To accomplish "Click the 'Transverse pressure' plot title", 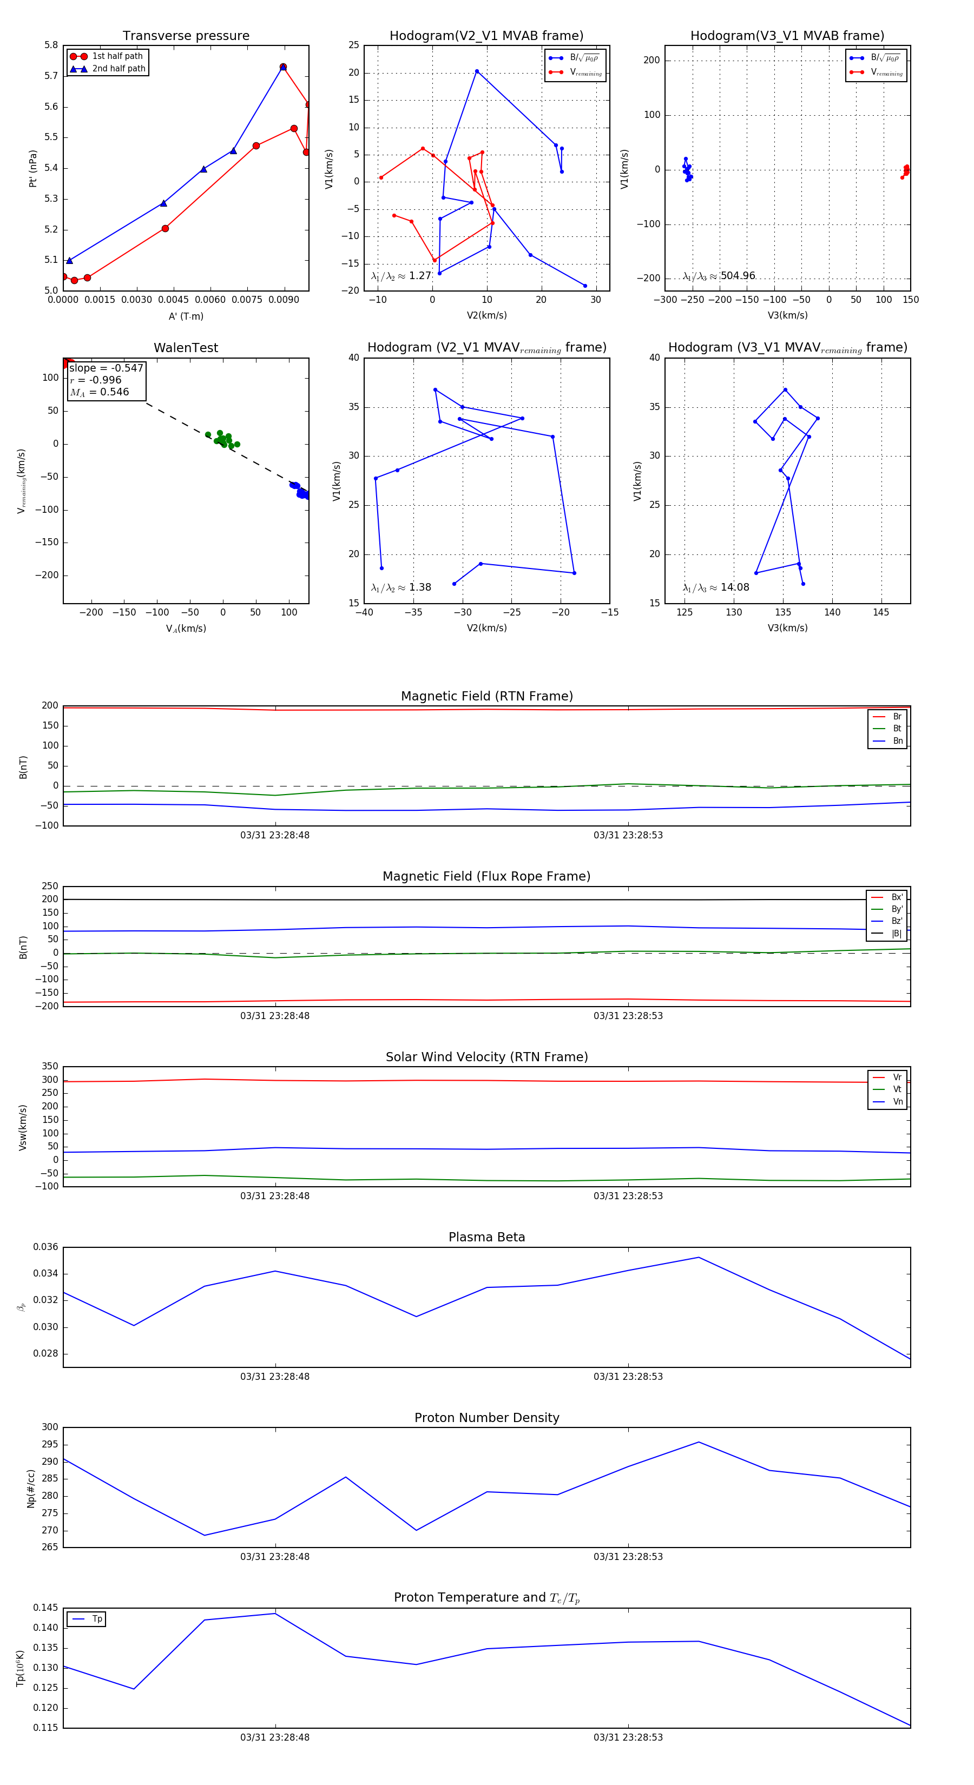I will (x=186, y=36).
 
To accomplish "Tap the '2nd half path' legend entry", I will (x=119, y=69).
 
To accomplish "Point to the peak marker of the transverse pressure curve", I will (x=283, y=67).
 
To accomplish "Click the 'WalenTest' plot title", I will (x=186, y=348).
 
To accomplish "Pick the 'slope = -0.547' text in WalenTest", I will (x=106, y=368).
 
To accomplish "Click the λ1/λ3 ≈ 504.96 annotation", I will (x=719, y=276).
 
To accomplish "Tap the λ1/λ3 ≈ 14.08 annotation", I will (x=716, y=587).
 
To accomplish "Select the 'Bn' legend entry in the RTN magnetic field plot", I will (x=897, y=741).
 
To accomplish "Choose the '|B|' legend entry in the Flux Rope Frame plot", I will (x=897, y=934).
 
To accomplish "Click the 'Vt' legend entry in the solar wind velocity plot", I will (x=897, y=1089).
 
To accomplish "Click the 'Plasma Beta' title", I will (x=486, y=1238).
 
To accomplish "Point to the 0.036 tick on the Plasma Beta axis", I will (x=46, y=1247).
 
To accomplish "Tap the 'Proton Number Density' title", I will (x=486, y=1418).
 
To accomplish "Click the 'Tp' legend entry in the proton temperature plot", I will (x=96, y=1619).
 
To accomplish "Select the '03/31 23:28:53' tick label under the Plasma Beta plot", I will (x=628, y=1376).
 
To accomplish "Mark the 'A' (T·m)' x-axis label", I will (x=186, y=316).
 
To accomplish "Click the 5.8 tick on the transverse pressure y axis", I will (x=51, y=45).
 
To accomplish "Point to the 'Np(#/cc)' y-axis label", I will (x=30, y=1489).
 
